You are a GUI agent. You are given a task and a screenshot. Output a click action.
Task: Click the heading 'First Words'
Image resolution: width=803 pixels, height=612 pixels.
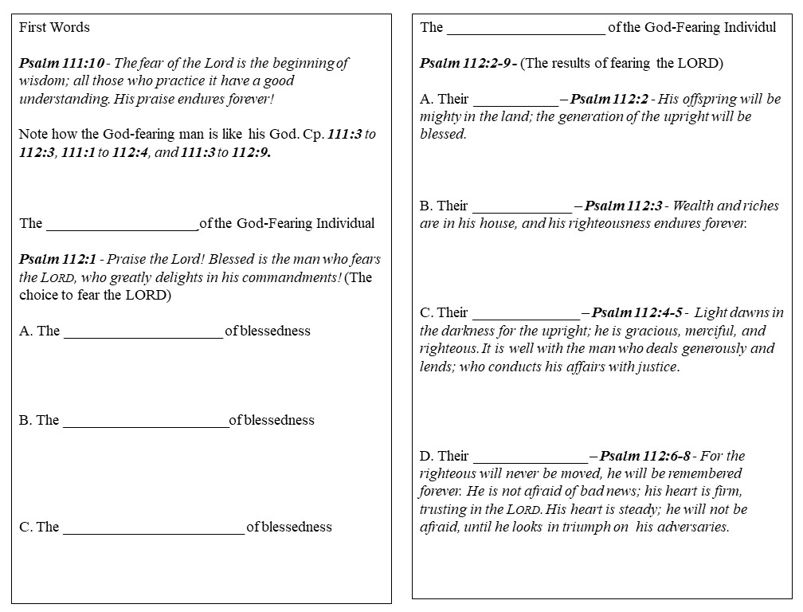(x=54, y=27)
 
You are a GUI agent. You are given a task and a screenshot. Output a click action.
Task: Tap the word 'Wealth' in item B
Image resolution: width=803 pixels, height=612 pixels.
(x=694, y=206)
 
